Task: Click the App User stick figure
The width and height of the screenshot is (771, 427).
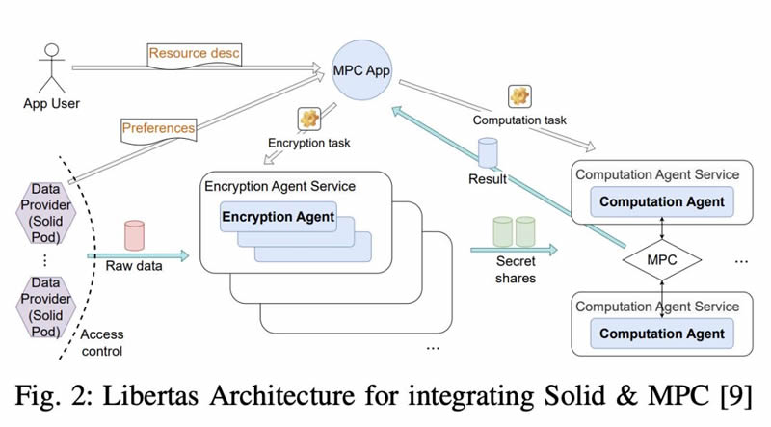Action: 52,67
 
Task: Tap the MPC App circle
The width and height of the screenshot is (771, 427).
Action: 361,70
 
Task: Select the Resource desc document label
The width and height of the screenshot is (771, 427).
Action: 195,54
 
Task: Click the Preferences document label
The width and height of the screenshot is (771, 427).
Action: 159,130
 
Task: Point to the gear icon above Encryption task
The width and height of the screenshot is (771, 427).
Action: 309,120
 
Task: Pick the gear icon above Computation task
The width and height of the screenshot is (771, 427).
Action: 519,96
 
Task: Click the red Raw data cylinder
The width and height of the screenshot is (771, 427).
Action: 134,235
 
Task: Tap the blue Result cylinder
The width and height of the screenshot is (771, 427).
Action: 488,153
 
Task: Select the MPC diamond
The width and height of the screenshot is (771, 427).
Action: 662,259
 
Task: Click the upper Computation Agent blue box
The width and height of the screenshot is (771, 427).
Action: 662,201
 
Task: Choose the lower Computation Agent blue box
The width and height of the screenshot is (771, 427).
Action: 662,334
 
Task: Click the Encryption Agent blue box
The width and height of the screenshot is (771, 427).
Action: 279,217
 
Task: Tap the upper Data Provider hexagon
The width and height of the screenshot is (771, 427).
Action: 45,213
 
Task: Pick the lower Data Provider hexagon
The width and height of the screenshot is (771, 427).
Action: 45,307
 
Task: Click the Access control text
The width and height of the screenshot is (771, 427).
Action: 102,342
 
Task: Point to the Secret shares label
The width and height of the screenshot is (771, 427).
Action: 516,270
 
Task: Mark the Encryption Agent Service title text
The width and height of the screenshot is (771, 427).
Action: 279,186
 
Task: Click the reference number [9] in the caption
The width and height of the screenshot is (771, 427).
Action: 736,395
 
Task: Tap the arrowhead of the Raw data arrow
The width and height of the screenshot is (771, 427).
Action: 185,255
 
